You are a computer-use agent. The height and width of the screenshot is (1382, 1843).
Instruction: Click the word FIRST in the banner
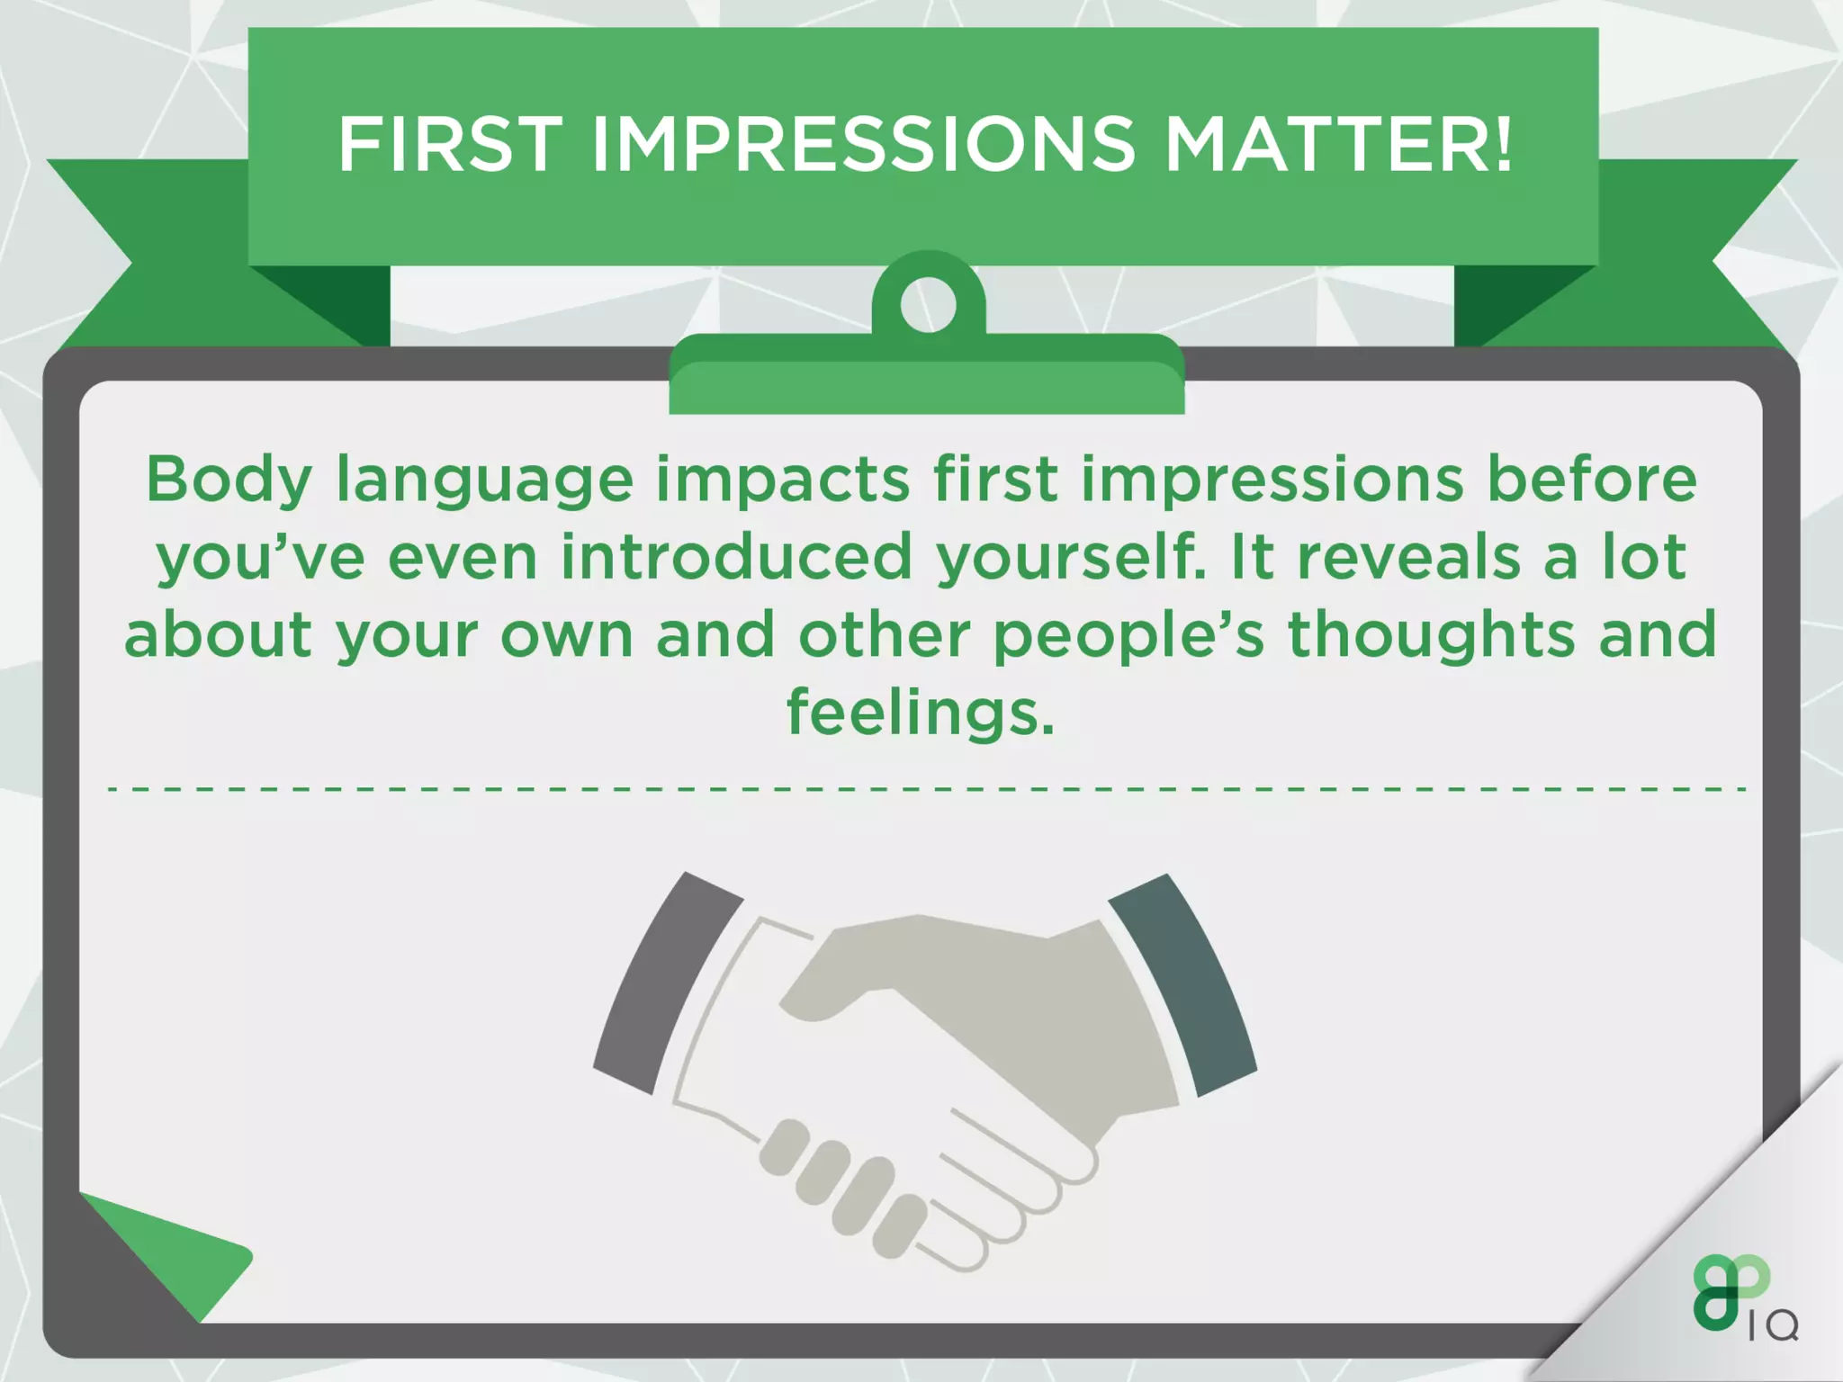450,145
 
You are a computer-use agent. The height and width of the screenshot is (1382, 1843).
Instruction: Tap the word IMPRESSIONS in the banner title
864,145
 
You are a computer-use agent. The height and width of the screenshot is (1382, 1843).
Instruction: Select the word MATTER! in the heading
1339,145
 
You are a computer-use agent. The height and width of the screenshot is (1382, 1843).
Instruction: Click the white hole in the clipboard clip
928,304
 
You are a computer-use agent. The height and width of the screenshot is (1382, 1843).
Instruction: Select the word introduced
737,557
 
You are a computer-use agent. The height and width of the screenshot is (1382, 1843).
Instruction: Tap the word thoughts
1432,635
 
